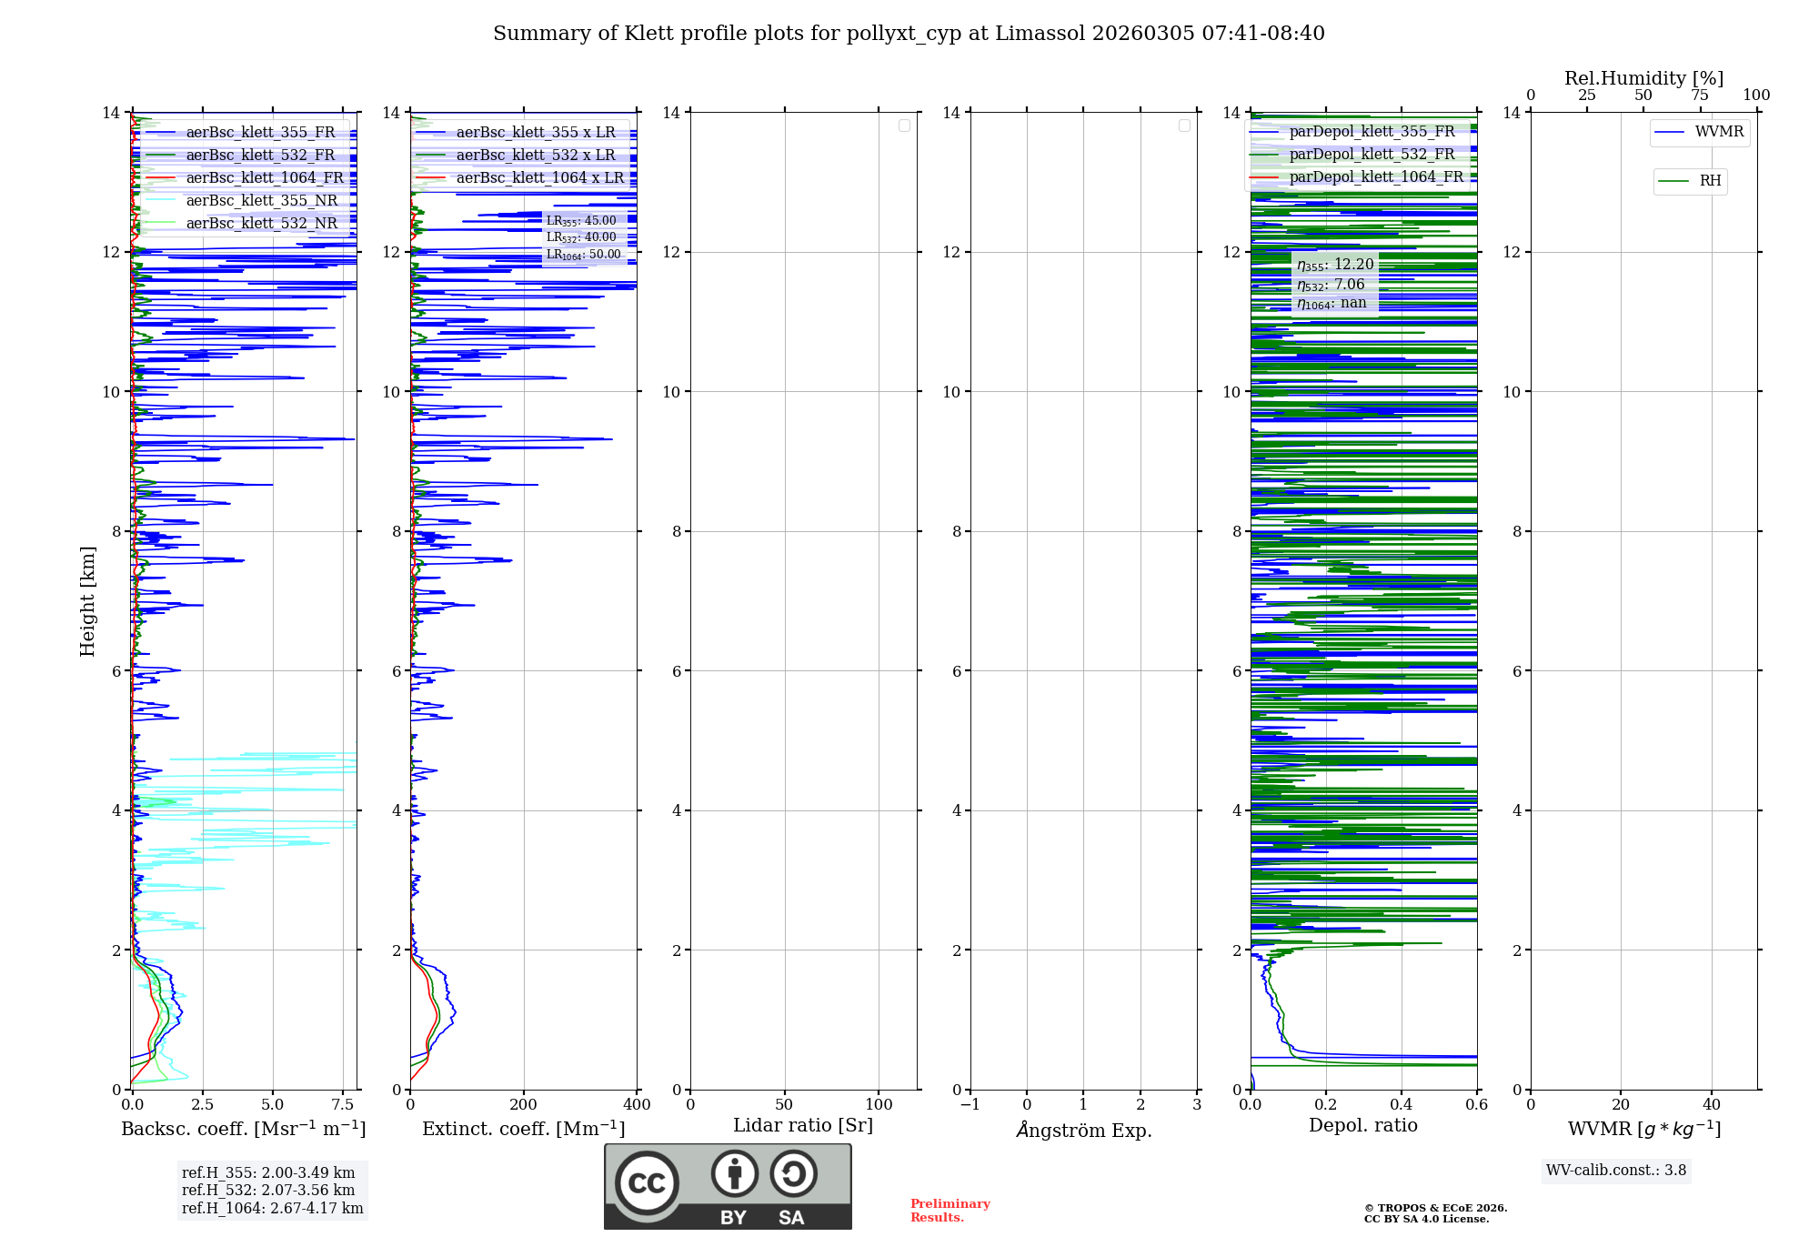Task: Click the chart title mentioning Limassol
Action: point(909,34)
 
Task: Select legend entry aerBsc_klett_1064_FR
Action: point(264,177)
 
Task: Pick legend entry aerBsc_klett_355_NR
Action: point(261,200)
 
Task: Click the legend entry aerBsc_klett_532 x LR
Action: point(535,155)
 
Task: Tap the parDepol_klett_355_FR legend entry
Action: point(1372,131)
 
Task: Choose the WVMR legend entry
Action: point(1718,132)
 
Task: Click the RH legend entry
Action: point(1710,181)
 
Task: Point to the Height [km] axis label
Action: point(87,601)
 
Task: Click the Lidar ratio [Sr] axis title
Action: point(803,1125)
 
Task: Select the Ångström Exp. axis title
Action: point(1084,1130)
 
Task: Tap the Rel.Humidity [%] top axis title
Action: point(1643,78)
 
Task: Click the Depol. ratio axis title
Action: point(1362,1125)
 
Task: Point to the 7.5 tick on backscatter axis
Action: point(343,1104)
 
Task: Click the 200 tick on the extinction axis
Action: point(524,1104)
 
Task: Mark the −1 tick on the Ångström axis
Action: point(970,1104)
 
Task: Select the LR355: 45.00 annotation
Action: point(581,221)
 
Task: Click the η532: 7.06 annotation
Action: point(1331,285)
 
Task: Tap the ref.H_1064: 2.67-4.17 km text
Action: point(272,1209)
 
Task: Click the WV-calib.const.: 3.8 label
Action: point(1616,1171)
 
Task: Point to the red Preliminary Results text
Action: point(950,1211)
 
